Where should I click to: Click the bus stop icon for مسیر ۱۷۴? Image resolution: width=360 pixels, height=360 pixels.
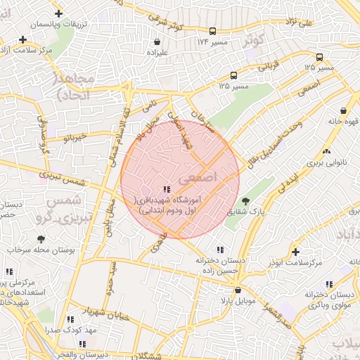[x=212, y=31]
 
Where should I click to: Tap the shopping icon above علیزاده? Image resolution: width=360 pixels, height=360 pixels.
[x=156, y=41]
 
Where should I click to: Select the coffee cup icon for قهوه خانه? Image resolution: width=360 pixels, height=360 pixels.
[x=343, y=110]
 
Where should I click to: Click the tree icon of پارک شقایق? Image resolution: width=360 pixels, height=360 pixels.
[x=245, y=201]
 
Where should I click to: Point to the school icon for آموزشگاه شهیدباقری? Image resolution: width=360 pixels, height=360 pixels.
[x=167, y=189]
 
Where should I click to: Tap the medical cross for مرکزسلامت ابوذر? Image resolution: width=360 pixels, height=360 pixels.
[x=295, y=252]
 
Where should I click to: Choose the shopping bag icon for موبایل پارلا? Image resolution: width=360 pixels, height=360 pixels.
[x=238, y=290]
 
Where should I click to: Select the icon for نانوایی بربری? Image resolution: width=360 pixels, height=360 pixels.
[x=326, y=152]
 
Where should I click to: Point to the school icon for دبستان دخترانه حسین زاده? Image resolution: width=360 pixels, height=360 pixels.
[x=221, y=250]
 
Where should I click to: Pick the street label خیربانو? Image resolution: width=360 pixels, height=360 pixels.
[x=73, y=135]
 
